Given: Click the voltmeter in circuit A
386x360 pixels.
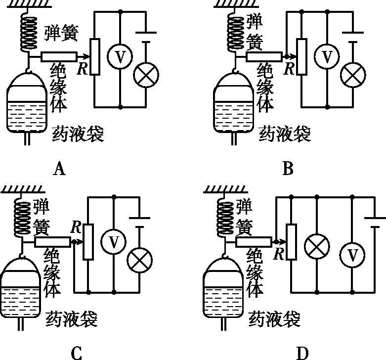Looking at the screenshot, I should (x=120, y=56).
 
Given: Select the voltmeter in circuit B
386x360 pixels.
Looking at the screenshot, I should (x=327, y=56).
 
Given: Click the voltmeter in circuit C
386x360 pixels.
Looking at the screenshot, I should (x=114, y=242).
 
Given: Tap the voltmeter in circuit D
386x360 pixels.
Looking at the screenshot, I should (x=352, y=255).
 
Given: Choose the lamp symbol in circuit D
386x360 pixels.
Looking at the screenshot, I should (x=316, y=245).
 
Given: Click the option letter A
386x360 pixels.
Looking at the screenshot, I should (x=59, y=170).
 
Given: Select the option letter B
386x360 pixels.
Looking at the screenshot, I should (x=288, y=170).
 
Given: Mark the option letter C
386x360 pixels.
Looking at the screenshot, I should (x=76, y=353).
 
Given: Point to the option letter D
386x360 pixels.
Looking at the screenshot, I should (x=302, y=353).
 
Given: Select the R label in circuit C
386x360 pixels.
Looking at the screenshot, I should (x=76, y=227).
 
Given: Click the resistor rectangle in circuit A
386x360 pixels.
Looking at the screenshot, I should (x=95, y=57).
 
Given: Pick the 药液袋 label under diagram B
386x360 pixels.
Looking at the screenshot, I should (x=285, y=134).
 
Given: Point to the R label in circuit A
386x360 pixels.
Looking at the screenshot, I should (x=83, y=69).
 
